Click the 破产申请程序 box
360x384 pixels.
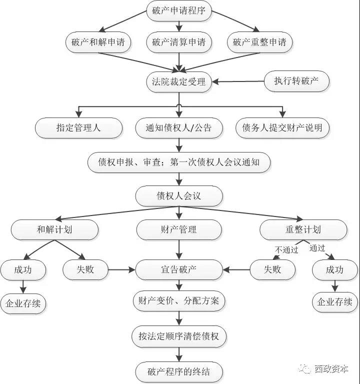point(178,11)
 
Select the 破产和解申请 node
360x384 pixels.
point(98,42)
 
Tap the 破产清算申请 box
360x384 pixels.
point(178,42)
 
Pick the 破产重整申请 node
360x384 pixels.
point(259,42)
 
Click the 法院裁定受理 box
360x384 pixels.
point(178,81)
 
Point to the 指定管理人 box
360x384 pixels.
point(78,128)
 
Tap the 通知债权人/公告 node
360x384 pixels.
point(178,128)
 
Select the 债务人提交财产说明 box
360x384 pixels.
point(282,128)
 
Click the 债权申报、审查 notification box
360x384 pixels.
point(178,162)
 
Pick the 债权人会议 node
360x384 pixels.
point(178,195)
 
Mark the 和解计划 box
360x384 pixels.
point(54,229)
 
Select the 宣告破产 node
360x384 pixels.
point(178,270)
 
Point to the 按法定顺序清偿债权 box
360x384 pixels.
point(178,336)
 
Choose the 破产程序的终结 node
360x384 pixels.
point(178,371)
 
